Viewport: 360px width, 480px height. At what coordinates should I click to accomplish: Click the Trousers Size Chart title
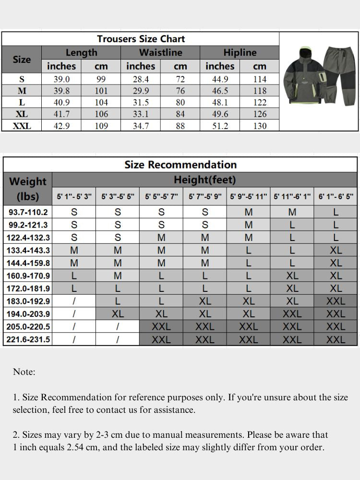point(141,39)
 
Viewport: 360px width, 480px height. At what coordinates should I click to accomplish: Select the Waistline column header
point(160,52)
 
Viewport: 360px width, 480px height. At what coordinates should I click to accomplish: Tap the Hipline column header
point(240,52)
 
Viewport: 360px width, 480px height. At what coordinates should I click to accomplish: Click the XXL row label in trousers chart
point(22,126)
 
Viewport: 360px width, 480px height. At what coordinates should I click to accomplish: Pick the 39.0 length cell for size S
point(61,79)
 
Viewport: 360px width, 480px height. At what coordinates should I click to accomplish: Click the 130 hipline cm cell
point(259,126)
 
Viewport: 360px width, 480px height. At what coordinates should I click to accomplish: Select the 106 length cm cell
point(101,114)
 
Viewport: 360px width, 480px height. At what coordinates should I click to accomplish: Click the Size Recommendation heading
point(180,165)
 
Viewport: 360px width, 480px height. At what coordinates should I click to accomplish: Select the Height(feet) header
point(204,180)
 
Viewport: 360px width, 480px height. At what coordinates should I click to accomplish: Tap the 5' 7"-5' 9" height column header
point(204,197)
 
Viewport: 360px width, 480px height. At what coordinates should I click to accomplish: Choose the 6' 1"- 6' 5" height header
point(336,197)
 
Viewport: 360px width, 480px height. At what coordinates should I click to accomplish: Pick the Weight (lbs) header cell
point(28,189)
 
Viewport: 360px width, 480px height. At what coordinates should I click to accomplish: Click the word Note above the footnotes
point(24,372)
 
